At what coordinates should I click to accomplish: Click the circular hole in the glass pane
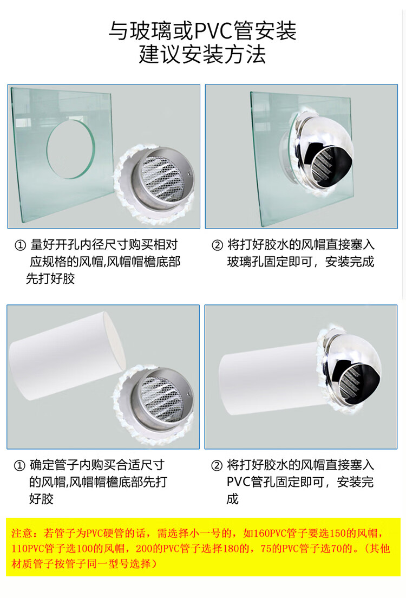tap(70, 149)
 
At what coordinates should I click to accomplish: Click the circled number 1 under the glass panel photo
tap(20, 245)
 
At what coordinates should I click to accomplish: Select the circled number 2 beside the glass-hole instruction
tap(217, 245)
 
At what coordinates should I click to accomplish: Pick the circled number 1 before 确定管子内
tap(19, 465)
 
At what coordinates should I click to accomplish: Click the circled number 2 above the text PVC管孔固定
tap(217, 465)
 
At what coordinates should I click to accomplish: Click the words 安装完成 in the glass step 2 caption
tap(350, 262)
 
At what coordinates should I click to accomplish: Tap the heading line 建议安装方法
tap(202, 54)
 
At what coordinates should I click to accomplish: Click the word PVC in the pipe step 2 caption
tap(238, 482)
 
